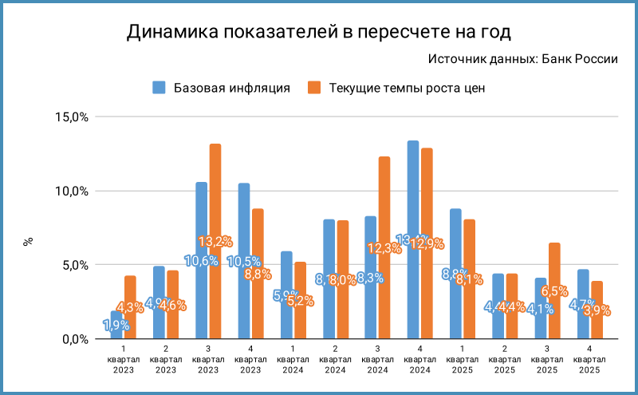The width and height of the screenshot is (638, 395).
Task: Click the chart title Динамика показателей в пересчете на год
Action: (318, 32)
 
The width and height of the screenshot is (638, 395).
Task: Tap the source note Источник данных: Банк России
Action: (523, 59)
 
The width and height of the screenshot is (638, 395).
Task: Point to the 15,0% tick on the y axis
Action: (70, 117)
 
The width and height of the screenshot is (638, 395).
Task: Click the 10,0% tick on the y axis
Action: (70, 192)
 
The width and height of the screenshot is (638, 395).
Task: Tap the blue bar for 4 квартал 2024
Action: (412, 239)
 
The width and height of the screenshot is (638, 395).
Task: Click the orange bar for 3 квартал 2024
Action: (384, 247)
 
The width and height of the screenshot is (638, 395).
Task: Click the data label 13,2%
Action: (215, 241)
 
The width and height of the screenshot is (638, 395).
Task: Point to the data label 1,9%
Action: (116, 325)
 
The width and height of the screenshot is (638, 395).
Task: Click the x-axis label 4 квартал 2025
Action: (589, 359)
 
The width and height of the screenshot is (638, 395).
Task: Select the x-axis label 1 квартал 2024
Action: (293, 359)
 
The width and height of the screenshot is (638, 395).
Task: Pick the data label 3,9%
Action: (596, 310)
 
